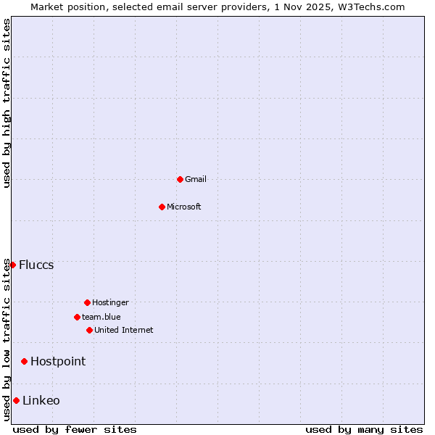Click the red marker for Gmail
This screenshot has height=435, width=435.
point(180,179)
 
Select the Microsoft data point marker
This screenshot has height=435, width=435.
point(162,207)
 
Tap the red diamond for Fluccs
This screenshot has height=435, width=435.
point(12,265)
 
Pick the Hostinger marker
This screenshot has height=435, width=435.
point(87,302)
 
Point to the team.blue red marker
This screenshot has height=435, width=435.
point(77,317)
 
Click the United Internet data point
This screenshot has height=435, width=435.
point(89,330)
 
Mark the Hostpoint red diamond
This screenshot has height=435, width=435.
point(24,361)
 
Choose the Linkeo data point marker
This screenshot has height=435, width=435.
point(16,400)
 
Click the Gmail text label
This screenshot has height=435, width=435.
point(196,179)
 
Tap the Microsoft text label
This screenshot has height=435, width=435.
point(184,207)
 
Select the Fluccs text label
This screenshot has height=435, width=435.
point(36,265)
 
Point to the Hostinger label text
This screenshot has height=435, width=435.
point(110,302)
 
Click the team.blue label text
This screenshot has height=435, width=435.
point(101,317)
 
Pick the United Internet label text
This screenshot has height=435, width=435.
point(124,330)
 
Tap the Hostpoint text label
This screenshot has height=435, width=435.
point(58,361)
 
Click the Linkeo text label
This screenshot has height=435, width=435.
point(41,400)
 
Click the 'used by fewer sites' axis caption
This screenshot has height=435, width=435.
point(75,429)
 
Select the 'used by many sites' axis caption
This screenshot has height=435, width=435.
point(364,429)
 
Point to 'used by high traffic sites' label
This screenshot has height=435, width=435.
point(7,103)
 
